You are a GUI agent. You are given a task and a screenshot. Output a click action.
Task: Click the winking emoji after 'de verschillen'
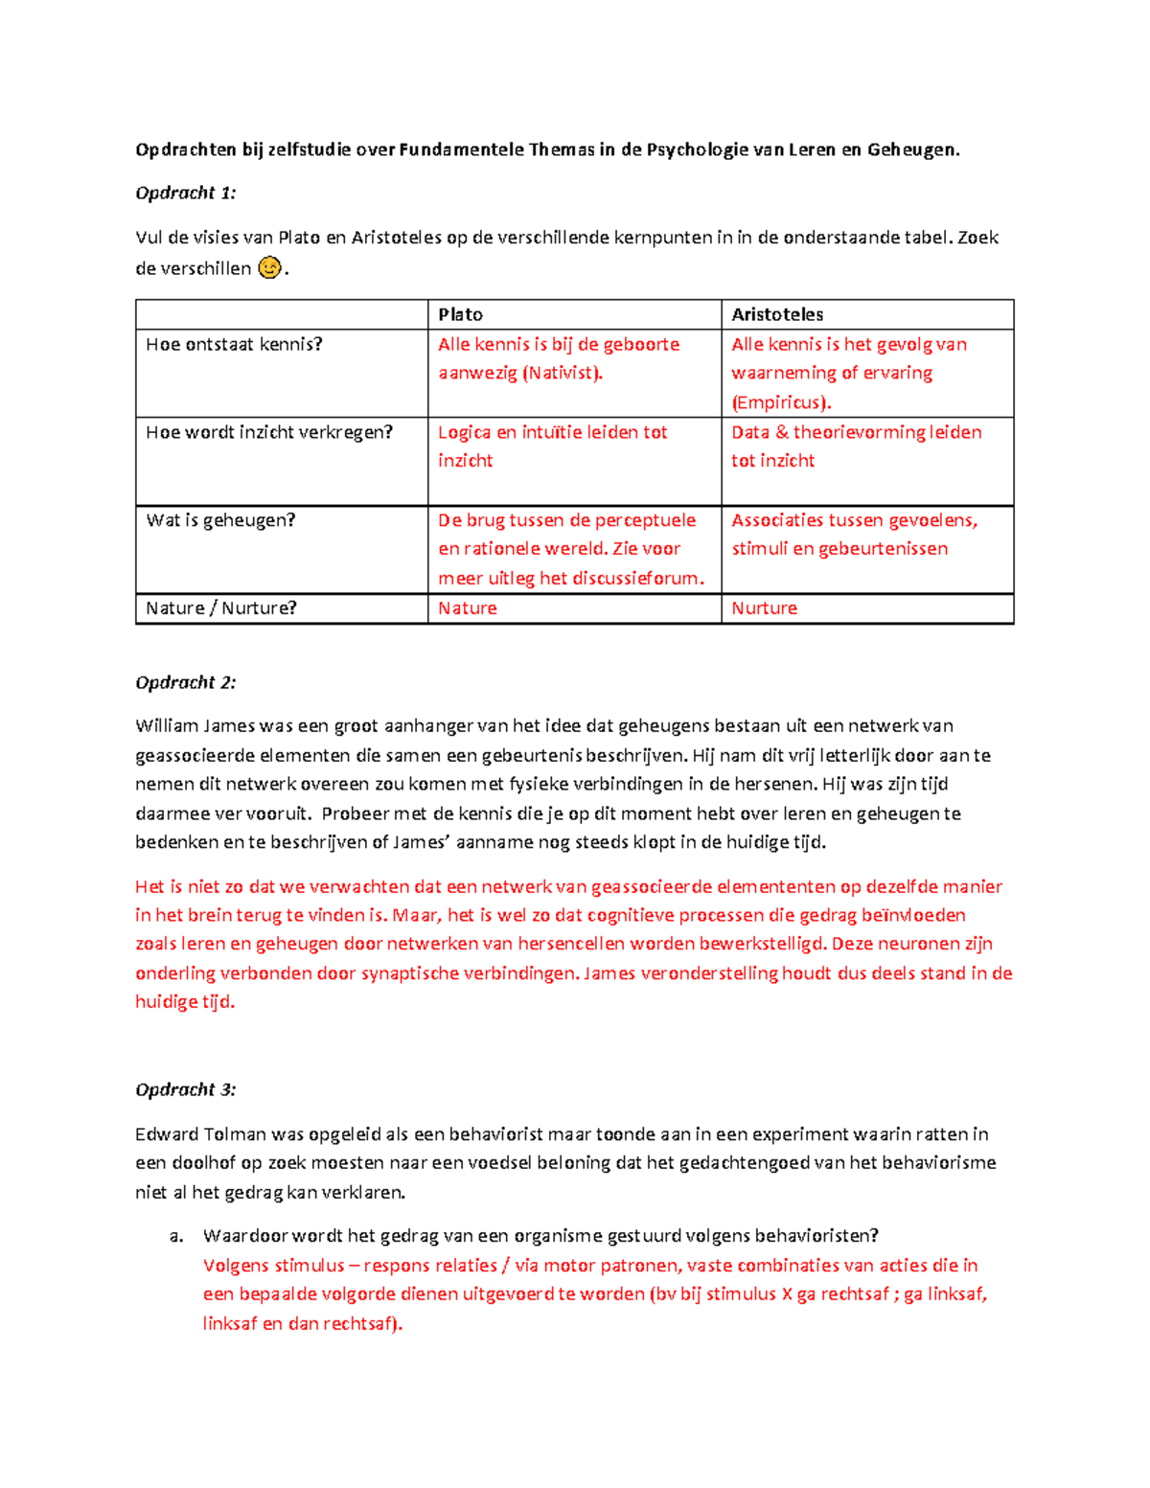[x=270, y=268]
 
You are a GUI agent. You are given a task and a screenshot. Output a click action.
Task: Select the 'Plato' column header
[x=460, y=314]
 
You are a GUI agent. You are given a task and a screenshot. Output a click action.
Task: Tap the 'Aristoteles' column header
[x=777, y=314]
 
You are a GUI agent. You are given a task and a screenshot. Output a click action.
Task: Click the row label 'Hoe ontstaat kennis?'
[x=234, y=344]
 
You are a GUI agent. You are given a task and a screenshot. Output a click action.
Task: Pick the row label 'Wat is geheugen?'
[x=220, y=520]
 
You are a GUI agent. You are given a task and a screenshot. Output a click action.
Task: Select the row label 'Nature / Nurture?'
[x=221, y=608]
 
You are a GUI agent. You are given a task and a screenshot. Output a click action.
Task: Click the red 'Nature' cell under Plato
[x=468, y=608]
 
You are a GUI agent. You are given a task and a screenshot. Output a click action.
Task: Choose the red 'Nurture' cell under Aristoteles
[x=764, y=608]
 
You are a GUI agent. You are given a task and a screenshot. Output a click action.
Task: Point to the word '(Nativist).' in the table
[x=563, y=373]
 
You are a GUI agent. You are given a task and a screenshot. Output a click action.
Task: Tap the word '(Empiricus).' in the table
[x=781, y=402]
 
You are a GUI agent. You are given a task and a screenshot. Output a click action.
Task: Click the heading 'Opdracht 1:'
[x=185, y=193]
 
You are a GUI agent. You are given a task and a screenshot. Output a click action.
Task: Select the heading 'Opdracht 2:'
[x=185, y=682]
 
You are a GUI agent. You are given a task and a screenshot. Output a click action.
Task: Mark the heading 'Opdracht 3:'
[x=185, y=1089]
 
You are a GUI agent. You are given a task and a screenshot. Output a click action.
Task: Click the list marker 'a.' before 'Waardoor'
[x=176, y=1236]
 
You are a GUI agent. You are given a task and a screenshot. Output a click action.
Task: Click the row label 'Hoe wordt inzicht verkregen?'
[x=269, y=432]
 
